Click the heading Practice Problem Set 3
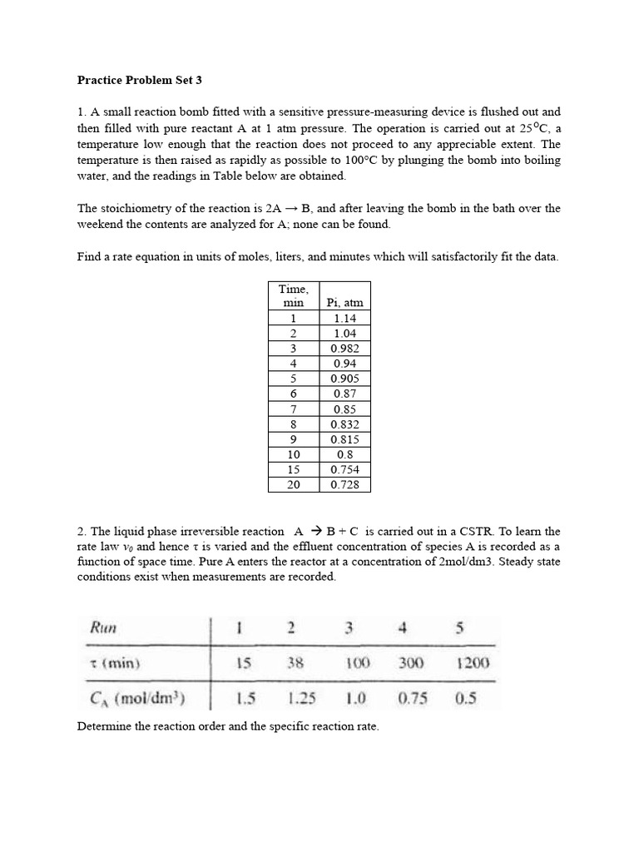(x=140, y=81)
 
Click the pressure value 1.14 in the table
(x=345, y=319)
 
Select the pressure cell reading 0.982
(x=345, y=349)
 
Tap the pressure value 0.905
(x=345, y=379)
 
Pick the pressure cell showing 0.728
(x=345, y=484)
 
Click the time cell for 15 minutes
(x=293, y=469)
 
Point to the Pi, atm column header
(x=345, y=304)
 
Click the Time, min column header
(x=293, y=296)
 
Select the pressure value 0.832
(x=345, y=424)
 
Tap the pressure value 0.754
(x=345, y=469)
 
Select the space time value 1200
(x=473, y=663)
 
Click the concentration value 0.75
(x=411, y=697)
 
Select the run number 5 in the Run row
(x=459, y=627)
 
